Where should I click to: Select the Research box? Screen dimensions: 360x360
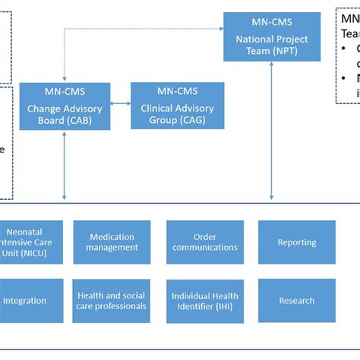tap(296, 301)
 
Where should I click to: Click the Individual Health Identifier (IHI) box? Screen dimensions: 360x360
tap(205, 301)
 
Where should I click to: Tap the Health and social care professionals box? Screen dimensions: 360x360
tap(112, 301)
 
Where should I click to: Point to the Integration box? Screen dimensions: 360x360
tap(24, 301)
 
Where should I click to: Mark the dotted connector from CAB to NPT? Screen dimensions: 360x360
tap(137, 30)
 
